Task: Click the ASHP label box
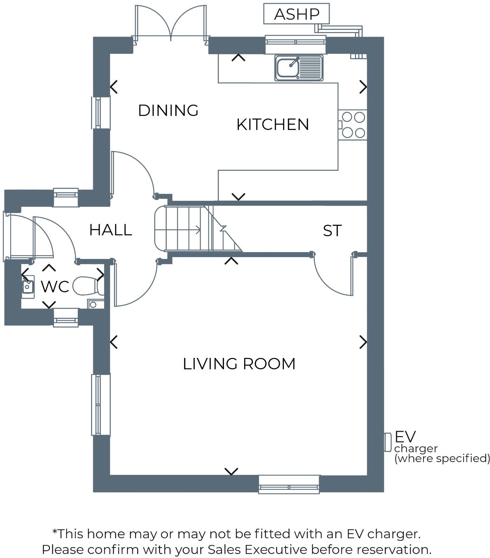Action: click(297, 14)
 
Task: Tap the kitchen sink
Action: click(299, 68)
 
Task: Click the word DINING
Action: click(168, 111)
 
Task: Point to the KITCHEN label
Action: click(273, 125)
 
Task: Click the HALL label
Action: click(110, 230)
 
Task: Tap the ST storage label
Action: click(332, 231)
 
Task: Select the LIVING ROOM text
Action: click(239, 364)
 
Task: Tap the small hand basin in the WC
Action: click(27, 286)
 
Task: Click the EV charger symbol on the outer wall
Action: click(388, 442)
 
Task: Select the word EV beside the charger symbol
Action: click(405, 437)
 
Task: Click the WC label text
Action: click(55, 287)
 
